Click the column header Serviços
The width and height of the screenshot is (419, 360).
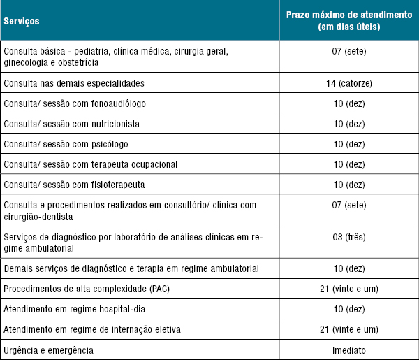pos(21,20)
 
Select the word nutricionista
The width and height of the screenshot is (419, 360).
pos(115,124)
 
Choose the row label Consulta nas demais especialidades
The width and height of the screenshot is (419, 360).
pos(74,83)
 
